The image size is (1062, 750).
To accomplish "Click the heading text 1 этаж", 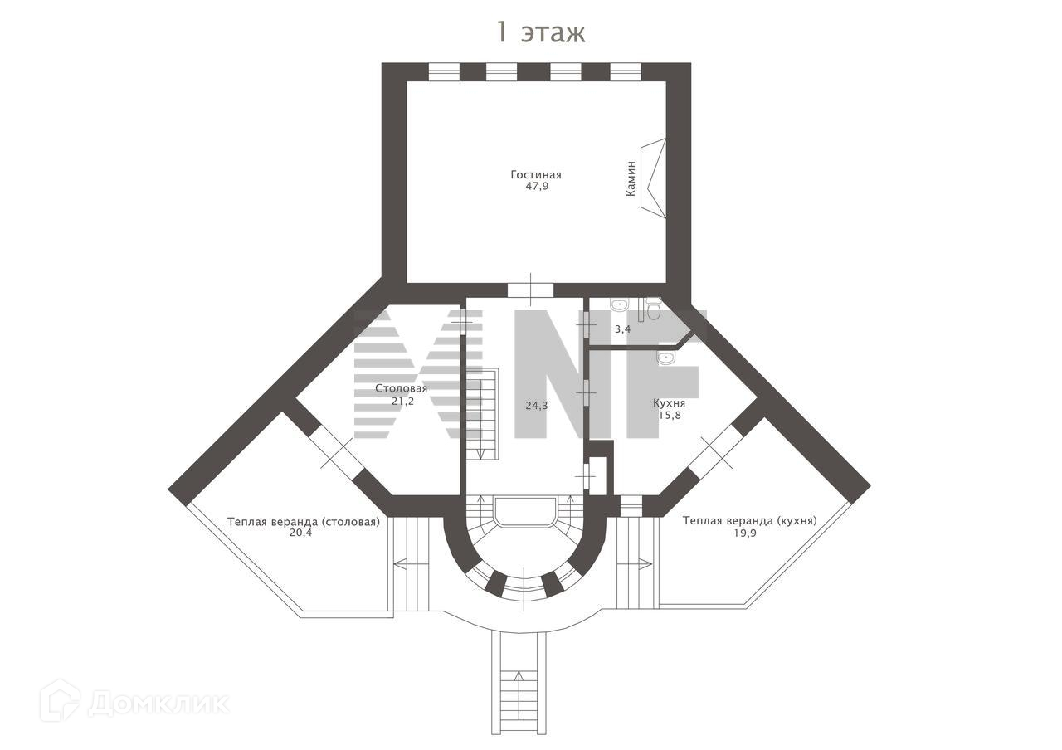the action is click(540, 32).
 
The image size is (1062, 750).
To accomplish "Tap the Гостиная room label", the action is click(535, 174).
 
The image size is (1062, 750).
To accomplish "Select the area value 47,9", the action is click(537, 187).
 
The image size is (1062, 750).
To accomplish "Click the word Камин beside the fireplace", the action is click(631, 178).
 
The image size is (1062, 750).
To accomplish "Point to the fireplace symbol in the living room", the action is click(655, 178).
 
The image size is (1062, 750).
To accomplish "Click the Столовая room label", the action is click(401, 388).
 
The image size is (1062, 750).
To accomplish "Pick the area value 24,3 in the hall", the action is click(536, 406).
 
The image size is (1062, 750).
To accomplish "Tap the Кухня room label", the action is click(669, 402).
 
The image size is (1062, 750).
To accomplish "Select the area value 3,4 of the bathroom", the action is click(622, 329).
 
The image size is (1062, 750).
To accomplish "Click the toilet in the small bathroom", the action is click(654, 309).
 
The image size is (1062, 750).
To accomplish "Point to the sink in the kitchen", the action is click(665, 358).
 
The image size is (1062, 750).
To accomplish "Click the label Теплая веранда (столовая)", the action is click(303, 522).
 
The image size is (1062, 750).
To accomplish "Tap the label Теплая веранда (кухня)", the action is click(749, 520).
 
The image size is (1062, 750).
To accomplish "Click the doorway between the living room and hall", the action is click(530, 290).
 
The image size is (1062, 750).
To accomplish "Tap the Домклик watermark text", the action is click(158, 704).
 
